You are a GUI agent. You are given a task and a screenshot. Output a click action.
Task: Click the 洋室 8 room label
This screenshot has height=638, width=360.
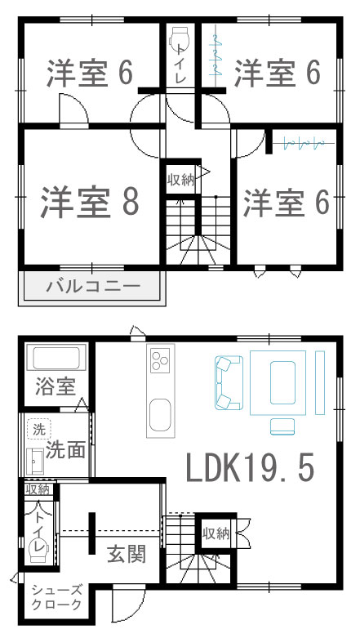(90, 202)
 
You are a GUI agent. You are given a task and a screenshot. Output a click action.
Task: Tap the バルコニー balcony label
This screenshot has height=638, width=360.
(93, 287)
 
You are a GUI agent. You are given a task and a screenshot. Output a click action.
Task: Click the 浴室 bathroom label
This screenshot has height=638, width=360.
(56, 386)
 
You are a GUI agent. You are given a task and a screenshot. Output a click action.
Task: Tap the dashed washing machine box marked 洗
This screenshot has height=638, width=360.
(39, 430)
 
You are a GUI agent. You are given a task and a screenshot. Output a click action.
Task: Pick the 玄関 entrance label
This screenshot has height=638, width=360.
(127, 554)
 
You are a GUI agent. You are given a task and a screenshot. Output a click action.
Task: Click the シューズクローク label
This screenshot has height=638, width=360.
(56, 597)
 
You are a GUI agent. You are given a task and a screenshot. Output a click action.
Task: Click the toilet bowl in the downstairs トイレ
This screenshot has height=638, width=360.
(39, 549)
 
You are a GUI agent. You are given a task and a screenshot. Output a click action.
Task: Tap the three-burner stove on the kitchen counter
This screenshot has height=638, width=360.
(160, 360)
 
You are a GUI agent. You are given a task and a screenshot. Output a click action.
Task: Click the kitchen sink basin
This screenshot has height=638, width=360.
(160, 415)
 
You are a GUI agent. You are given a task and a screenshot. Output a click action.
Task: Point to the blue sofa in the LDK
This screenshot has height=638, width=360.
(229, 382)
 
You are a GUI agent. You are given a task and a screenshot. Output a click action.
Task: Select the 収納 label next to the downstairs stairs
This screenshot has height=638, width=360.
(216, 533)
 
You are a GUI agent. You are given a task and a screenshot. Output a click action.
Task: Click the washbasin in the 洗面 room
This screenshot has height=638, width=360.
(35, 462)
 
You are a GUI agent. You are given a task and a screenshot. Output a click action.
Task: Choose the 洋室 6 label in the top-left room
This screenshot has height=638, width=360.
(90, 74)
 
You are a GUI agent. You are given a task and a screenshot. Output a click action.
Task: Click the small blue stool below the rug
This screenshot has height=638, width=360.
(282, 426)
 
